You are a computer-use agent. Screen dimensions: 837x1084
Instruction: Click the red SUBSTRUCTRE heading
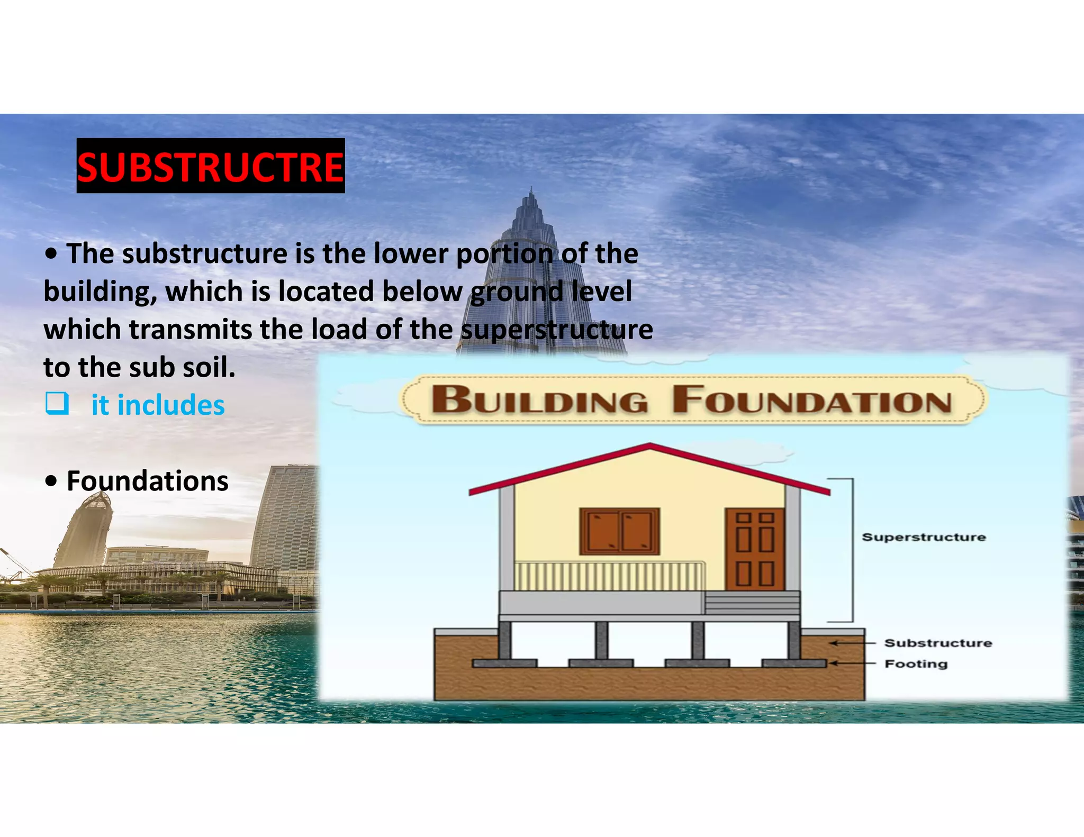coord(211,167)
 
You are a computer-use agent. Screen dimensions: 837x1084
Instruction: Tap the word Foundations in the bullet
coord(148,481)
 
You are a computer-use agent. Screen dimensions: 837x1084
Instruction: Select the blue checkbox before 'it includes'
coord(57,404)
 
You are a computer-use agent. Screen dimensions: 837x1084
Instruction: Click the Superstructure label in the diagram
coord(924,537)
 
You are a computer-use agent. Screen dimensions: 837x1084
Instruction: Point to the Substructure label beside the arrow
coord(938,643)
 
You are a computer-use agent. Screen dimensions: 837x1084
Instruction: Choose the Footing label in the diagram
coord(916,663)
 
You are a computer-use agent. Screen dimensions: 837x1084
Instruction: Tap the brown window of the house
coord(619,531)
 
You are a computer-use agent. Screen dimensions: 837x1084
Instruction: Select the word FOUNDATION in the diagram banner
coord(812,401)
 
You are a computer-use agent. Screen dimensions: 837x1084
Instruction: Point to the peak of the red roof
coord(650,446)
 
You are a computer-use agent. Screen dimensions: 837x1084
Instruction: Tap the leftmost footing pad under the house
coord(504,663)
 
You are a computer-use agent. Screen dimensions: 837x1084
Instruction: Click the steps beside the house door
coord(752,603)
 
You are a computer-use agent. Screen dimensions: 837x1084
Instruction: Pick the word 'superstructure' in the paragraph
coord(557,330)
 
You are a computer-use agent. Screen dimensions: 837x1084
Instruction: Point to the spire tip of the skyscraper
coord(531,189)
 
